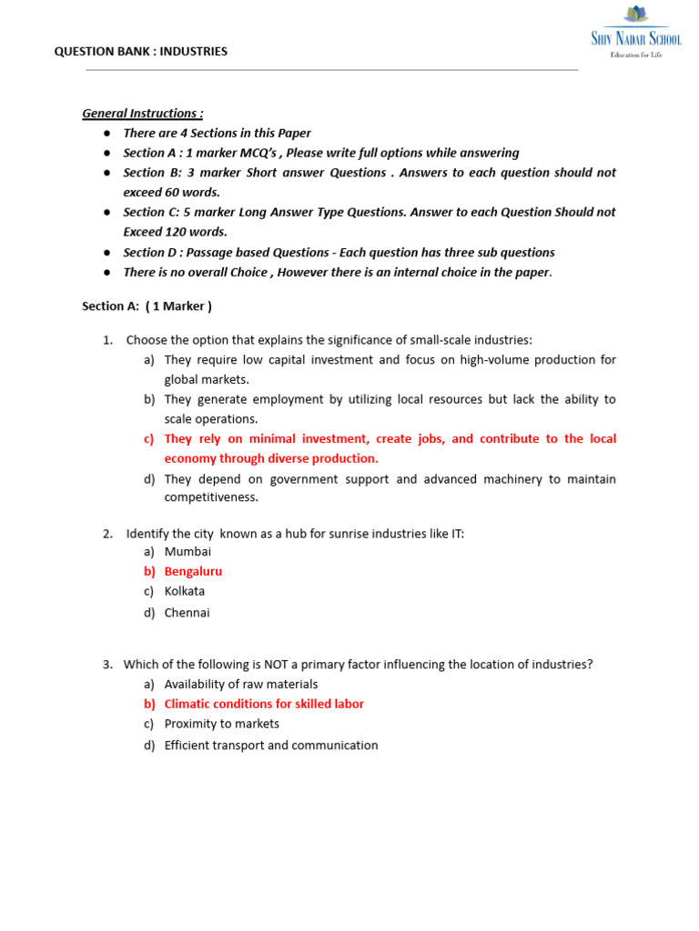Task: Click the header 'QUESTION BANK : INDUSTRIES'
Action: click(x=141, y=52)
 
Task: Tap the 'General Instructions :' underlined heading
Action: click(x=143, y=114)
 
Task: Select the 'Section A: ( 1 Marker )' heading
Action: click(x=147, y=306)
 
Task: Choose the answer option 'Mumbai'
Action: click(x=187, y=551)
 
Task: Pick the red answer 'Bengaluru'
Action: click(x=193, y=572)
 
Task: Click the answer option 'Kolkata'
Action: click(x=185, y=591)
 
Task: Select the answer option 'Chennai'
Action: click(x=187, y=613)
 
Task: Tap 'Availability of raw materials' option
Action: click(x=241, y=684)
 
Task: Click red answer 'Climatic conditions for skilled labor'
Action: click(x=264, y=704)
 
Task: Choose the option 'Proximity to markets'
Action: click(x=222, y=724)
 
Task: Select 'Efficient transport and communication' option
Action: click(x=271, y=746)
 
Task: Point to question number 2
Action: click(x=106, y=534)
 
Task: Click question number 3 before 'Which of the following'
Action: click(x=106, y=665)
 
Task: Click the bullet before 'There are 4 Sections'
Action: click(x=106, y=134)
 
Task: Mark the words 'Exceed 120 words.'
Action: click(x=175, y=232)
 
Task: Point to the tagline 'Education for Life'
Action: click(x=636, y=55)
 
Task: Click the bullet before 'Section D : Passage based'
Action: click(x=106, y=253)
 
